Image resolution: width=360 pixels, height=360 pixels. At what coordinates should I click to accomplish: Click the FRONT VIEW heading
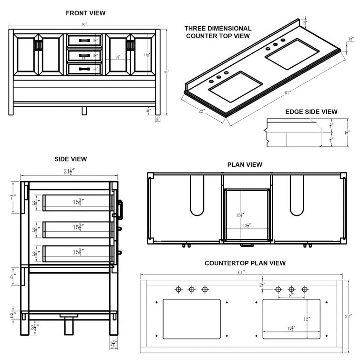coord(86,13)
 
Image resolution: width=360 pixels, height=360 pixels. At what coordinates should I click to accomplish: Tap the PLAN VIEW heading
coord(245,165)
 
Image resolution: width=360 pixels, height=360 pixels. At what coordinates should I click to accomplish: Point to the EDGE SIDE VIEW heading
coord(311,112)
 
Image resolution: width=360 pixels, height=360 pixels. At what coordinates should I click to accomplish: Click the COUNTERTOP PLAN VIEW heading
coord(245,263)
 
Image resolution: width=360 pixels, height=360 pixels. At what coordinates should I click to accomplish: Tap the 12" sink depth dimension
coord(308,319)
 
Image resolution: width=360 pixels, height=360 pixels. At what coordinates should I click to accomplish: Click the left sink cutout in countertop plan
coord(192,318)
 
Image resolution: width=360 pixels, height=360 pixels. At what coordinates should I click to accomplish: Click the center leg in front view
coord(84,111)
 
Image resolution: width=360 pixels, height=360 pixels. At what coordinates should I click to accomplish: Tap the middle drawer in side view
coord(77,229)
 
